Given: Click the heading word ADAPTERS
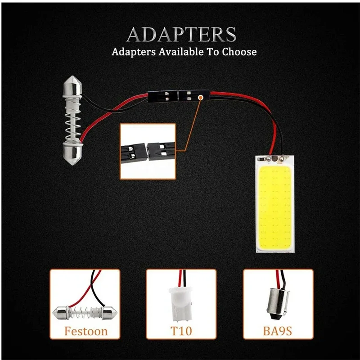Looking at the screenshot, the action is pos(181,35).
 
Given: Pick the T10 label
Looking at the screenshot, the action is pos(181,332).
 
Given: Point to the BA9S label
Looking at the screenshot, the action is pos(278,332).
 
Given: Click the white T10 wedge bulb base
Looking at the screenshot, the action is pos(181,299).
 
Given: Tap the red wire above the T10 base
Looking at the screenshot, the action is pos(183,276).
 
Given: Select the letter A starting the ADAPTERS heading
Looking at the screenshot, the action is pos(135,35).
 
